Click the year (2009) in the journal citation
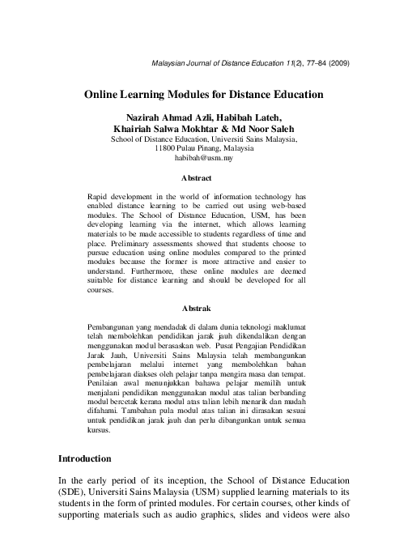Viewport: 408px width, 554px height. pos(337,64)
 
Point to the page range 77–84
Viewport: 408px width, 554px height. pos(307,64)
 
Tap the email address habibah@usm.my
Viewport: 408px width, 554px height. pos(203,160)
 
